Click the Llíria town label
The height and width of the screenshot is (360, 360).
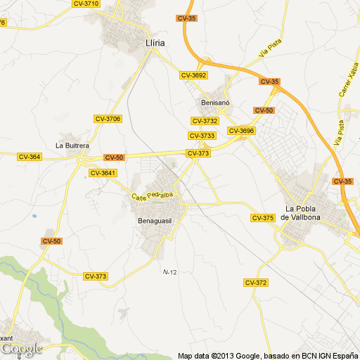pos(154,42)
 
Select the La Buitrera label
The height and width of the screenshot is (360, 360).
pos(72,146)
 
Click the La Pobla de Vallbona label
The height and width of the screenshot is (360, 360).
pos(301,213)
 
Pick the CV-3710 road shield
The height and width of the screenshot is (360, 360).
pos(86,4)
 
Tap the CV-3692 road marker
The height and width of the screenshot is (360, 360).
pos(193,75)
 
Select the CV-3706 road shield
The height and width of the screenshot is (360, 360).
pos(108,119)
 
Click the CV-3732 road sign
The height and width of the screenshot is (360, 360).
pos(205,121)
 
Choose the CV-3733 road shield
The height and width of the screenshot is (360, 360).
pos(202,136)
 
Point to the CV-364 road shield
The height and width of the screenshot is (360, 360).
pos(30,157)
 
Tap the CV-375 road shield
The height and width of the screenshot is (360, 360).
pos(262,218)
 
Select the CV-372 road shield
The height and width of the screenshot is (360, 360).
pos(256,282)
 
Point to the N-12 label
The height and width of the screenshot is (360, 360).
pos(169,271)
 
